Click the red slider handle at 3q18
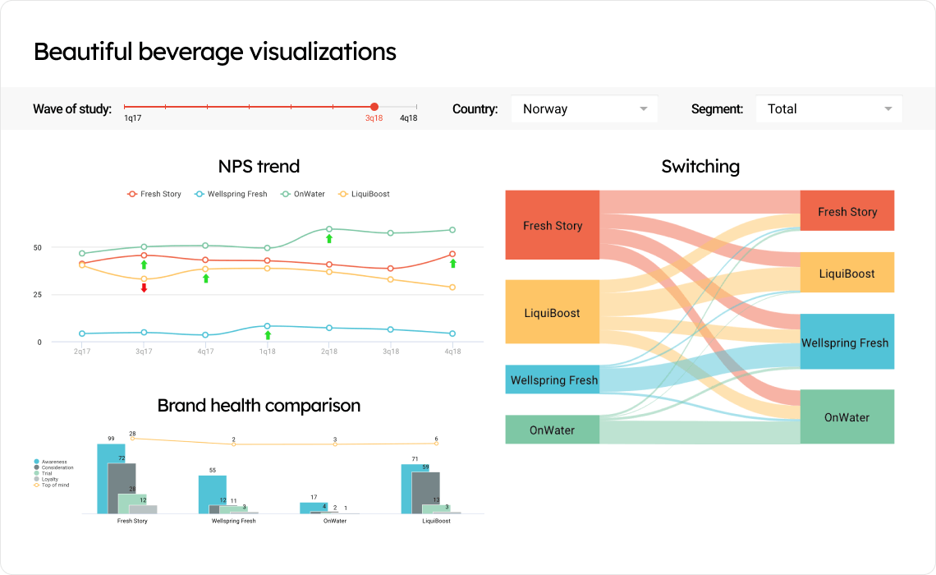pyautogui.click(x=374, y=107)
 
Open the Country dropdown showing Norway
pyautogui.click(x=584, y=108)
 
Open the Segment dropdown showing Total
pyautogui.click(x=828, y=108)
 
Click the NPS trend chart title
pyautogui.click(x=259, y=167)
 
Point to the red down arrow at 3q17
pyautogui.click(x=144, y=287)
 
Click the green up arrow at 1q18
pyautogui.click(x=268, y=334)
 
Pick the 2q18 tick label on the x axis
pyautogui.click(x=329, y=352)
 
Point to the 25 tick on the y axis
pyautogui.click(x=37, y=295)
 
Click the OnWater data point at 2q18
pyautogui.click(x=329, y=229)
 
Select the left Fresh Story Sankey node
pyautogui.click(x=553, y=225)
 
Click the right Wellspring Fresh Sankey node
pyautogui.click(x=847, y=342)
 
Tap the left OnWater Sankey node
pyautogui.click(x=552, y=430)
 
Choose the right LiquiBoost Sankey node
pyautogui.click(x=847, y=273)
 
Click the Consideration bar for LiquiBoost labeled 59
pyautogui.click(x=425, y=492)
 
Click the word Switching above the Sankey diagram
pyautogui.click(x=700, y=167)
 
